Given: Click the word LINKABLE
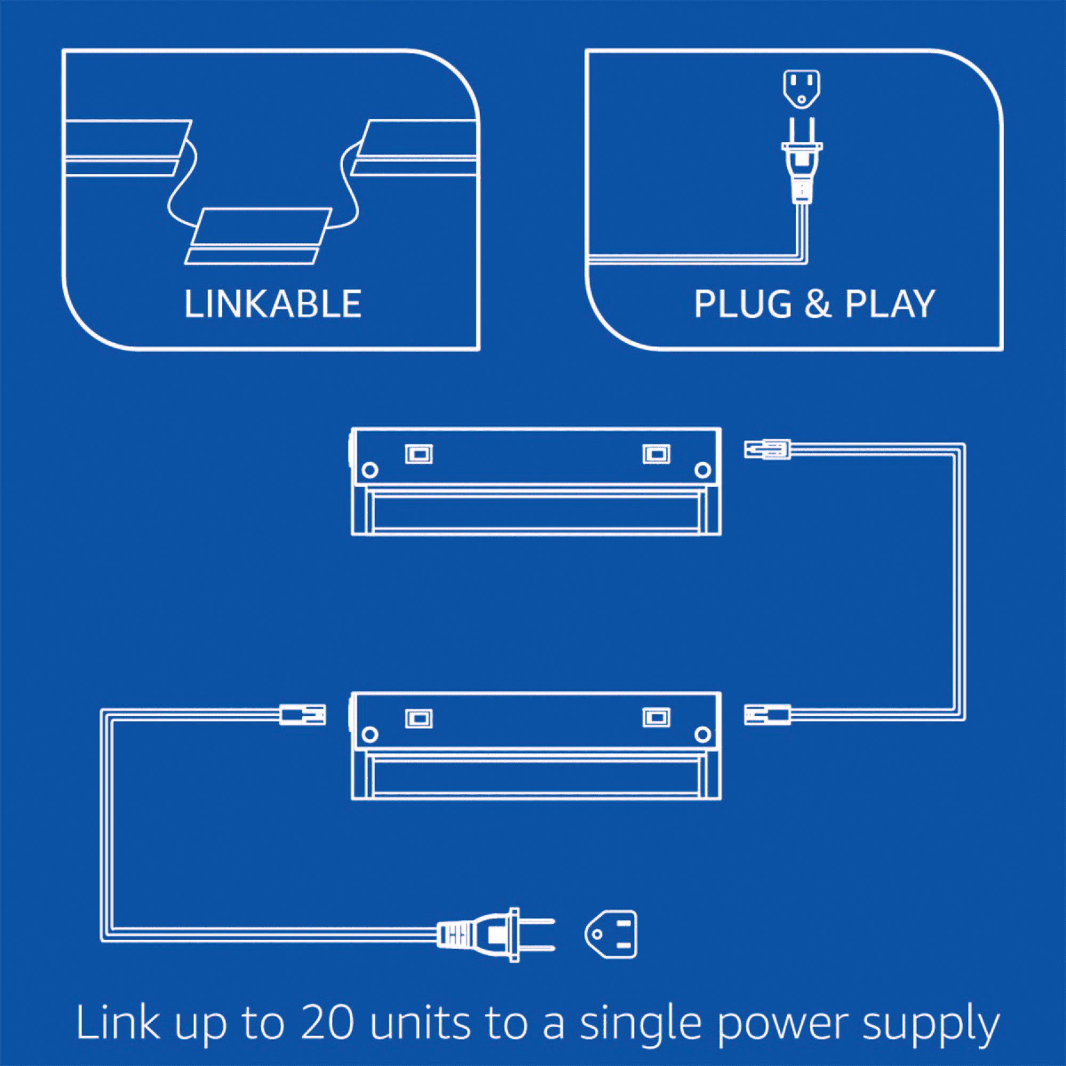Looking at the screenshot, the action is (x=272, y=304).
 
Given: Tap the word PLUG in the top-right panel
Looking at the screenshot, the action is (x=742, y=304).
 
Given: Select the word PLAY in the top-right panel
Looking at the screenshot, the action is (x=890, y=304).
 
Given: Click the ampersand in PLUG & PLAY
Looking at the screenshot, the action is (x=818, y=304).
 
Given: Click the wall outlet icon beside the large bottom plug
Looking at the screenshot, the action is (x=611, y=934).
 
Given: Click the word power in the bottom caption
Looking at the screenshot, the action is (x=783, y=1026).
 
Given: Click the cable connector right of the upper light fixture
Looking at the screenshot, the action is (x=767, y=449).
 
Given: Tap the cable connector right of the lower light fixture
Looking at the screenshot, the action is (x=767, y=715).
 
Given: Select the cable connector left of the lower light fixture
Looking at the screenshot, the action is (x=302, y=715).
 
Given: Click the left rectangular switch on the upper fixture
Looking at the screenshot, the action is (x=419, y=454).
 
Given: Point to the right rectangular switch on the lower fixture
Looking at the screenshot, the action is (x=657, y=718).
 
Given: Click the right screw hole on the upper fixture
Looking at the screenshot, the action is (x=702, y=470).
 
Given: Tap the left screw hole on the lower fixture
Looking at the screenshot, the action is (x=370, y=734).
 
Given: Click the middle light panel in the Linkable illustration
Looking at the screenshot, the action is (x=258, y=236).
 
